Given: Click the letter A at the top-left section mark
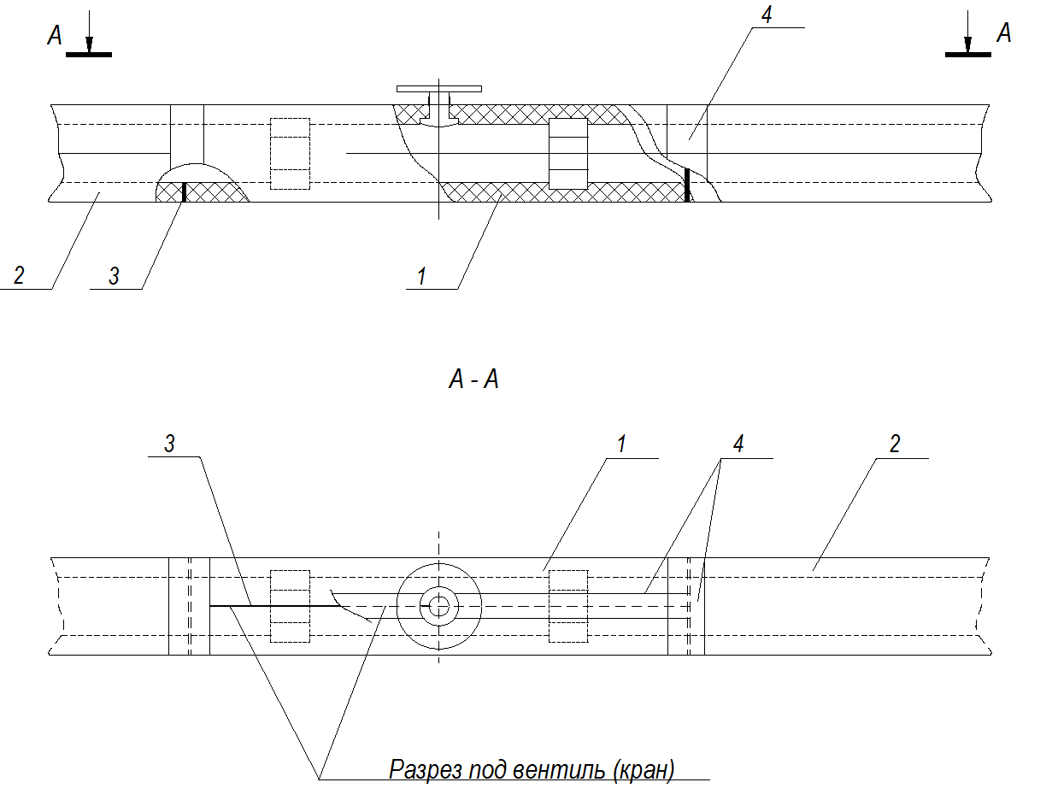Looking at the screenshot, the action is [x=55, y=35].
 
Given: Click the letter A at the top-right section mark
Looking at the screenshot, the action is [x=1003, y=32].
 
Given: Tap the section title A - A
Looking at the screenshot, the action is [x=473, y=379].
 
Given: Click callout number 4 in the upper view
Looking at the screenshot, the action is [x=767, y=15].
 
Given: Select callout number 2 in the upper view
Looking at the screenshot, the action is [x=19, y=275].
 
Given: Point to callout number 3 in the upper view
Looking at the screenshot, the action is [x=114, y=276].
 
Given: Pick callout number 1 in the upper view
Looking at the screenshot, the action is [x=422, y=276].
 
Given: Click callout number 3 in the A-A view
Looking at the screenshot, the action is [x=169, y=444].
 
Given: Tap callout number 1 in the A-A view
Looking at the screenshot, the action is [x=621, y=444].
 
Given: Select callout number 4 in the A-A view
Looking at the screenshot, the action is [x=738, y=444].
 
